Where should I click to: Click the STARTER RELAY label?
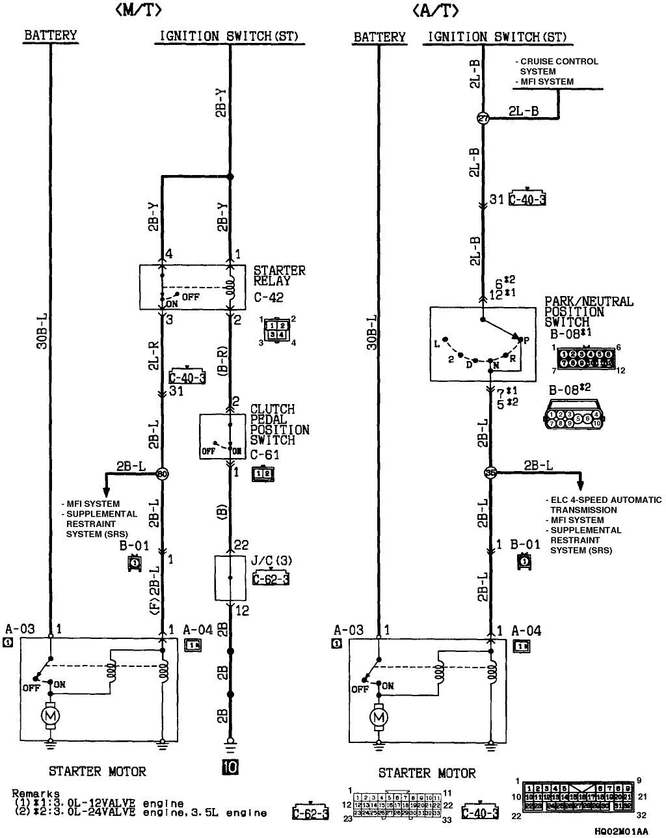[x=279, y=276]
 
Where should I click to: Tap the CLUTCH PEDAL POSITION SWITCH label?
[x=280, y=424]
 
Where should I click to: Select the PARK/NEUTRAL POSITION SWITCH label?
[x=588, y=312]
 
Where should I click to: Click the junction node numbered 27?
[x=483, y=118]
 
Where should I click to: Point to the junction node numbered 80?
[x=163, y=474]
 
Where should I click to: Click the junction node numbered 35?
[x=491, y=474]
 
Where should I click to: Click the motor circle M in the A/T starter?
[x=378, y=716]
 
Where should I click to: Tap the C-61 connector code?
[x=265, y=455]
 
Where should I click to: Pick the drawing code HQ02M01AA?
[x=621, y=831]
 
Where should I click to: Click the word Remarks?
[x=36, y=794]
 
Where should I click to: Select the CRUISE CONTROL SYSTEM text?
[x=557, y=66]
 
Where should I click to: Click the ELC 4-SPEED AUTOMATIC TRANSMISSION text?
[x=604, y=505]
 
